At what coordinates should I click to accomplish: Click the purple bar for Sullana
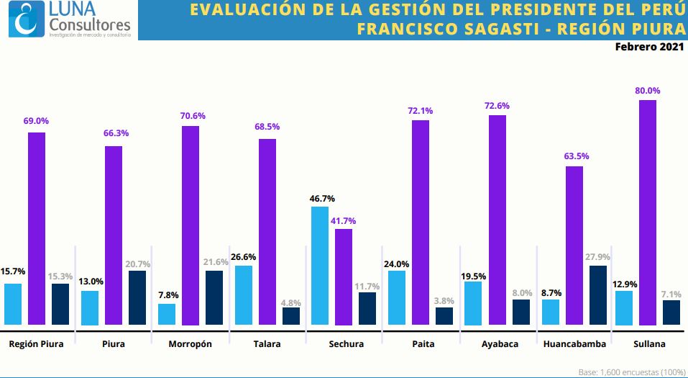(x=648, y=212)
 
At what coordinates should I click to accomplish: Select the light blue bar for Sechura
(x=320, y=266)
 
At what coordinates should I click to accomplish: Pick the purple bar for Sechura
(x=344, y=276)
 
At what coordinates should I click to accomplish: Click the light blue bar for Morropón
(x=167, y=314)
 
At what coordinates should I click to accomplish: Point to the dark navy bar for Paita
(x=444, y=316)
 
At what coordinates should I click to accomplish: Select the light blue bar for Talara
(x=244, y=295)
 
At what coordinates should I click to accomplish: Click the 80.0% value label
(x=647, y=91)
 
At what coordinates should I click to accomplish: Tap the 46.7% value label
(x=321, y=198)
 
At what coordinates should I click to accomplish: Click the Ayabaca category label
(x=500, y=344)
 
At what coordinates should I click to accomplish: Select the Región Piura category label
(x=36, y=344)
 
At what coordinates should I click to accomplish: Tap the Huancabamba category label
(x=575, y=344)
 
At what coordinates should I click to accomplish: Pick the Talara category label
(x=267, y=344)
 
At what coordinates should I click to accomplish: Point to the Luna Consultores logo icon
(x=27, y=19)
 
